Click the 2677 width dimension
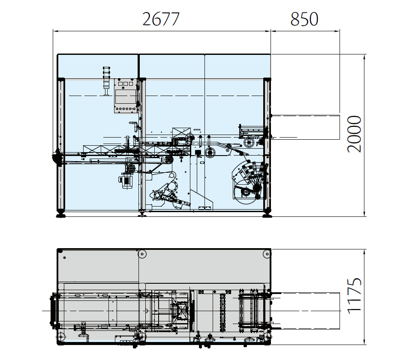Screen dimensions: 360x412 coord(160,19)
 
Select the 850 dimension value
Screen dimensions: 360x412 coord(304,19)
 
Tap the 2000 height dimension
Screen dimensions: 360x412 coord(355,134)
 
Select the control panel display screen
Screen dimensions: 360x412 coord(125,95)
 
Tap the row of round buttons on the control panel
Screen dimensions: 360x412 coord(125,109)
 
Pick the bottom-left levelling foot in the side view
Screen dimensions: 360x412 coord(60,213)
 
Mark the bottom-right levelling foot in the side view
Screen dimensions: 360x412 coord(267,213)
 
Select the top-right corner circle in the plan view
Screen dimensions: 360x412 coord(266,255)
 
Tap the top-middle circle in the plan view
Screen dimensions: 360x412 coord(142,255)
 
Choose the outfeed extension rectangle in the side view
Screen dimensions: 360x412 coord(305,126)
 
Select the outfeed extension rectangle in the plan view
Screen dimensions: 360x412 coord(305,310)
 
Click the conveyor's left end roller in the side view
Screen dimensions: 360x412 coord(56,157)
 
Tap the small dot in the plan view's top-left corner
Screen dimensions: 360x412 coord(64,258)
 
